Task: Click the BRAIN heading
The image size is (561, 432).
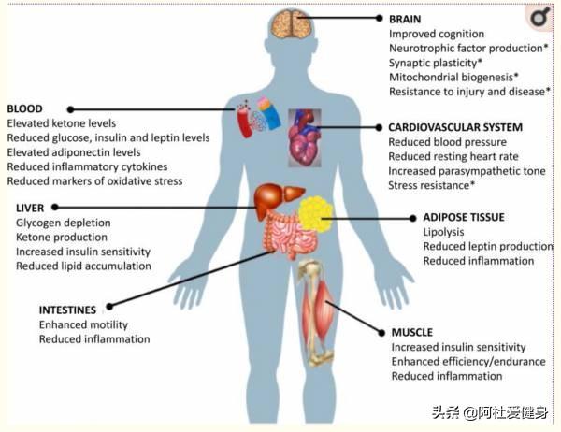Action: pyautogui.click(x=405, y=18)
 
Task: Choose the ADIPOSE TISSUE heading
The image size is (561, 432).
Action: pyautogui.click(x=463, y=217)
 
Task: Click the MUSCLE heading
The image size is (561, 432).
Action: pyautogui.click(x=412, y=332)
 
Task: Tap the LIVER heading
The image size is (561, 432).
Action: pyautogui.click(x=30, y=208)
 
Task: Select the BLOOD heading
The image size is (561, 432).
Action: pyautogui.click(x=24, y=108)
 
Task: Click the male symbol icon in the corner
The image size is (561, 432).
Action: pyautogui.click(x=539, y=17)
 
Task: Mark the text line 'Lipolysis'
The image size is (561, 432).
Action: pyautogui.click(x=443, y=232)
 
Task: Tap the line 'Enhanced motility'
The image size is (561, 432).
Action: pyautogui.click(x=82, y=324)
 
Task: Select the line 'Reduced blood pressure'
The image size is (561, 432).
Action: pyautogui.click(x=447, y=142)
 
